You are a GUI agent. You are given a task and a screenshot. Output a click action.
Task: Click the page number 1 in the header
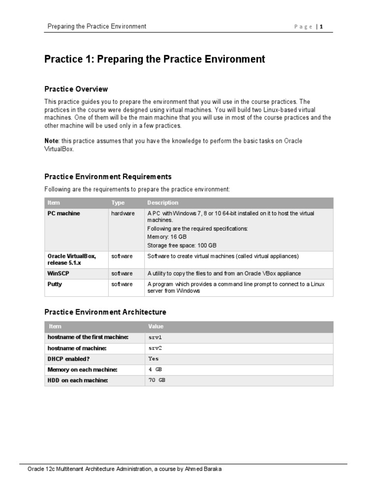pyautogui.click(x=321, y=27)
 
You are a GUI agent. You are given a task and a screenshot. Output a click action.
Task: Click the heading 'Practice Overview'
pyautogui.click(x=76, y=89)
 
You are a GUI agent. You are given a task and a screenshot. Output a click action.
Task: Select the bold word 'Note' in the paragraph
pyautogui.click(x=51, y=141)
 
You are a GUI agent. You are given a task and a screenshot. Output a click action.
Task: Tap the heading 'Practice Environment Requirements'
pyautogui.click(x=108, y=177)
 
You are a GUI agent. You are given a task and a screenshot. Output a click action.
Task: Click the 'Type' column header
pyautogui.click(x=118, y=203)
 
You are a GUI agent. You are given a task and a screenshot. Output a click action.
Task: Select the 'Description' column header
pyautogui.click(x=162, y=203)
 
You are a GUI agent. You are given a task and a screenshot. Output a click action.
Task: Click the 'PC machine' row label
pyautogui.click(x=63, y=214)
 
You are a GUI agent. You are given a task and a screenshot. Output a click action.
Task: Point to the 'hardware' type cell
pyautogui.click(x=123, y=214)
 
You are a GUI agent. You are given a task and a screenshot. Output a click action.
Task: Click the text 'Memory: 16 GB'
pyautogui.click(x=167, y=237)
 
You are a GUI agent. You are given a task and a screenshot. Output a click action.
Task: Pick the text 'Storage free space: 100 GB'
pyautogui.click(x=182, y=245)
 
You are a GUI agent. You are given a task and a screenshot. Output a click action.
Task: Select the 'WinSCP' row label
pyautogui.click(x=59, y=273)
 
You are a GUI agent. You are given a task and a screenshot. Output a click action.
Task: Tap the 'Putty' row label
pyautogui.click(x=55, y=284)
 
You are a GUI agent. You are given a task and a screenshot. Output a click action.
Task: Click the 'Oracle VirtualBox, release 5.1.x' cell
pyautogui.click(x=71, y=259)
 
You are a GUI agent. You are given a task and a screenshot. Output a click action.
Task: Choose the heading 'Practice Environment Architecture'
pyautogui.click(x=105, y=312)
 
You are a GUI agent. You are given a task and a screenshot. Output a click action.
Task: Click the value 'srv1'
pyautogui.click(x=155, y=337)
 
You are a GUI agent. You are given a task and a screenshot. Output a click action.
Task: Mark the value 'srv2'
pyautogui.click(x=155, y=348)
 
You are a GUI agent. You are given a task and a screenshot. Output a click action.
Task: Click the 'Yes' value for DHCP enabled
pyautogui.click(x=154, y=359)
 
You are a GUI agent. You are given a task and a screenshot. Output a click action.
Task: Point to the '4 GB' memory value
pyautogui.click(x=155, y=370)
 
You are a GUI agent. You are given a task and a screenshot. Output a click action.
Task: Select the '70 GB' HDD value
pyautogui.click(x=157, y=380)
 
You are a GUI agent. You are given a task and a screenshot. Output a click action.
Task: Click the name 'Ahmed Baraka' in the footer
pyautogui.click(x=205, y=469)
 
